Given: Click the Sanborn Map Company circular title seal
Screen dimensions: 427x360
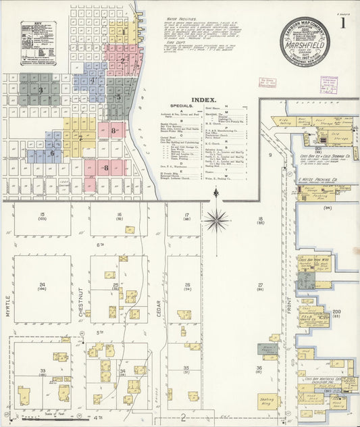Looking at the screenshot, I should click(307, 42).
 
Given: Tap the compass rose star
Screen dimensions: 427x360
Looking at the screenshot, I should click(216, 218).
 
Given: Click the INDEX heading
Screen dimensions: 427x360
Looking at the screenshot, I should click(204, 100).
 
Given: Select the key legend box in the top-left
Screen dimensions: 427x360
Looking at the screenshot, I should click(34, 45).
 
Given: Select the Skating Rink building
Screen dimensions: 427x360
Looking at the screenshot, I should click(268, 401).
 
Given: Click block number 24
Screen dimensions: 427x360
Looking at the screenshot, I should click(42, 284).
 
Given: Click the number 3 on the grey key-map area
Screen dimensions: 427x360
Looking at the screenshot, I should click(41, 90).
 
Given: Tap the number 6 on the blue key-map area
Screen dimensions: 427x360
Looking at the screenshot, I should click(52, 153).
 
